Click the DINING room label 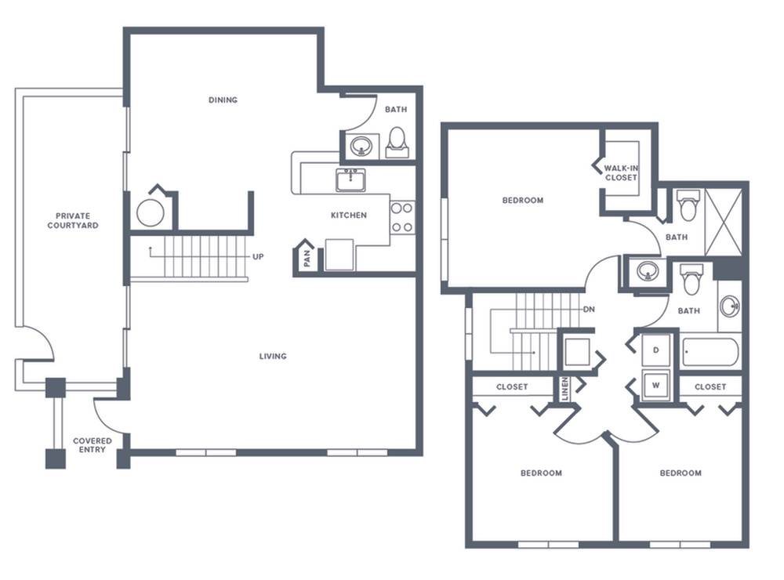tap(223, 100)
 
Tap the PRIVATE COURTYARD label tap(73, 220)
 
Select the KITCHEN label tap(349, 215)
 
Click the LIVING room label tap(273, 356)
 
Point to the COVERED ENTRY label tap(93, 445)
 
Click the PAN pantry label tap(307, 258)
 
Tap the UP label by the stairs tap(258, 256)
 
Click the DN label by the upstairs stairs tap(590, 310)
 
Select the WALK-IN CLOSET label tap(621, 173)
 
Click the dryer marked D tap(656, 350)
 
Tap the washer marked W tap(656, 386)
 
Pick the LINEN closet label tap(564, 389)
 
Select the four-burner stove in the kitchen tap(402, 218)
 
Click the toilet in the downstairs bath tap(397, 143)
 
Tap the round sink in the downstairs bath tap(360, 147)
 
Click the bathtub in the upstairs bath tap(710, 352)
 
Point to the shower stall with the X tap(723, 222)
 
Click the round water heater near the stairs tap(151, 213)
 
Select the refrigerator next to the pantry tap(339, 255)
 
